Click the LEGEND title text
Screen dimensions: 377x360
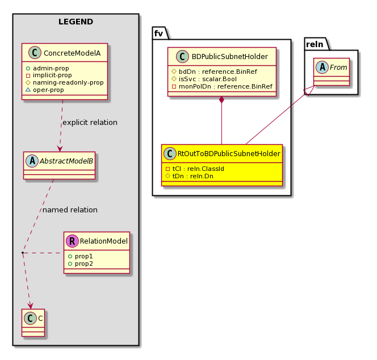click(x=76, y=22)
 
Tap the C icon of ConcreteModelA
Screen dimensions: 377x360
click(x=35, y=53)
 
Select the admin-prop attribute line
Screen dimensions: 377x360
click(x=47, y=68)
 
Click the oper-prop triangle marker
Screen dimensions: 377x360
click(x=28, y=90)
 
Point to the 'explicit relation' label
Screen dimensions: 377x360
click(x=90, y=123)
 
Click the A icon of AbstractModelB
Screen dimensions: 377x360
click(x=32, y=161)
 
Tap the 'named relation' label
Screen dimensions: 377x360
click(x=70, y=210)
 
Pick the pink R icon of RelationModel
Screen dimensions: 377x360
click(x=72, y=241)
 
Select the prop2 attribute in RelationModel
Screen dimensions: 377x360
click(x=81, y=264)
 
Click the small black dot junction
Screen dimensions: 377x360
click(x=22, y=253)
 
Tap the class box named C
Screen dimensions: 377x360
click(x=33, y=323)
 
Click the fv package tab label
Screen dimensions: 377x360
click(x=158, y=34)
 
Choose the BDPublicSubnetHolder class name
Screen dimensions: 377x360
click(x=229, y=57)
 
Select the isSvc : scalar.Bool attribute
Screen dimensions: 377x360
click(x=204, y=79)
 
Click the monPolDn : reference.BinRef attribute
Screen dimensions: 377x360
click(x=222, y=86)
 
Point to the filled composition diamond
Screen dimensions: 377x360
click(x=221, y=100)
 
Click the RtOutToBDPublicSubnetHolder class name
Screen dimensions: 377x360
click(x=229, y=154)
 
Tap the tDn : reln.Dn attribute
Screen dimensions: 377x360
click(x=190, y=176)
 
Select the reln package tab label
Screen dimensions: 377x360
click(x=315, y=44)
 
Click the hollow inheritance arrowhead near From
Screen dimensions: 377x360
click(x=309, y=90)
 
